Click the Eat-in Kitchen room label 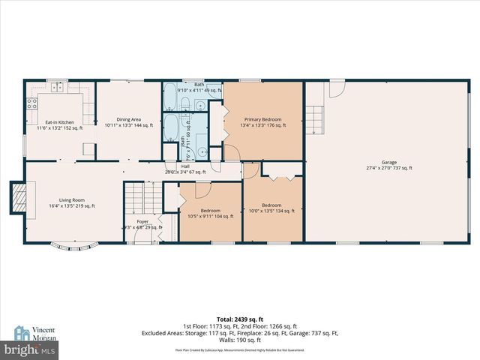(x=59, y=124)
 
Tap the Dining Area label (x=122, y=121)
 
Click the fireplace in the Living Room (x=17, y=197)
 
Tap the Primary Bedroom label (x=262, y=122)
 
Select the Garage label (x=388, y=165)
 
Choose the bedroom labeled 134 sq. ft (x=271, y=208)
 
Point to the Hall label (x=184, y=168)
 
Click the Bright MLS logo (x=30, y=350)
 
